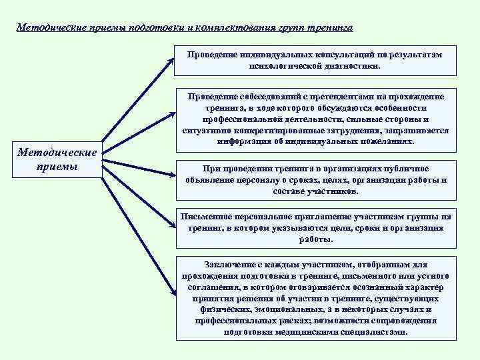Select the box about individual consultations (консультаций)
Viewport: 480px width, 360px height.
[x=316, y=61]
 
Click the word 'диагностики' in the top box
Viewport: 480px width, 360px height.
[x=349, y=67]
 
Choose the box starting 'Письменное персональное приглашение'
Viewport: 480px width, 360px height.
[x=316, y=228]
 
